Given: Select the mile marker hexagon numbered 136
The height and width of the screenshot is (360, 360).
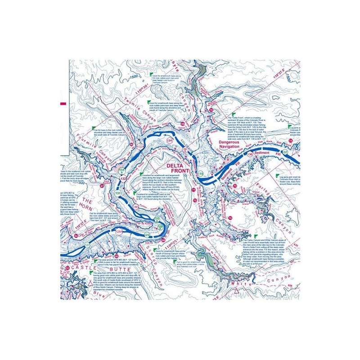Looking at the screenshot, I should [x=250, y=155].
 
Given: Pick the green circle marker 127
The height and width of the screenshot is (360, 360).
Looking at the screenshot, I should [x=87, y=245].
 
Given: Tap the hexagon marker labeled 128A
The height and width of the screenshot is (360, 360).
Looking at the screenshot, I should [x=119, y=232].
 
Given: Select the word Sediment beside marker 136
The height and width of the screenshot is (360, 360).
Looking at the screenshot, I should [x=265, y=153].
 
